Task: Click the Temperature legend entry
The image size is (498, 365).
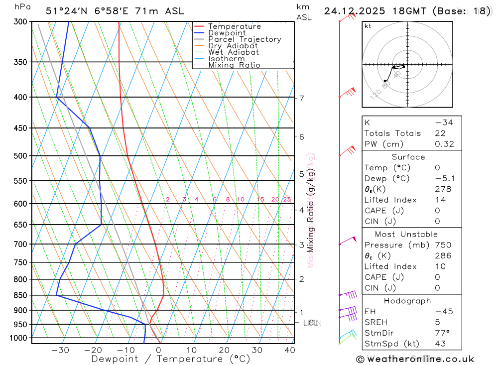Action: pyautogui.click(x=234, y=26)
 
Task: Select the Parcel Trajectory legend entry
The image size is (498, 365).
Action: pyautogui.click(x=245, y=39)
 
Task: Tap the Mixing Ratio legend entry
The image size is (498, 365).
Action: pyautogui.click(x=234, y=65)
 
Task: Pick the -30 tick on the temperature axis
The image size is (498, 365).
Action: pyautogui.click(x=60, y=350)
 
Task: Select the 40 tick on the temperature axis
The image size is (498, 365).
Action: pyautogui.click(x=289, y=350)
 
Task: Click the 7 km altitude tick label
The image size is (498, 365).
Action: pyautogui.click(x=302, y=98)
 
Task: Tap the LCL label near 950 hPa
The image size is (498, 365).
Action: pyautogui.click(x=311, y=323)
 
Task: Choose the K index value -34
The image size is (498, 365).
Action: pyautogui.click(x=444, y=122)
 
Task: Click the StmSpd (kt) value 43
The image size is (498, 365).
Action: pyautogui.click(x=440, y=344)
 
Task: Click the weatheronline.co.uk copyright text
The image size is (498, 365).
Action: pyautogui.click(x=415, y=359)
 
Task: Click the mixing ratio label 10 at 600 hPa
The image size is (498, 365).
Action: pyautogui.click(x=240, y=200)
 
